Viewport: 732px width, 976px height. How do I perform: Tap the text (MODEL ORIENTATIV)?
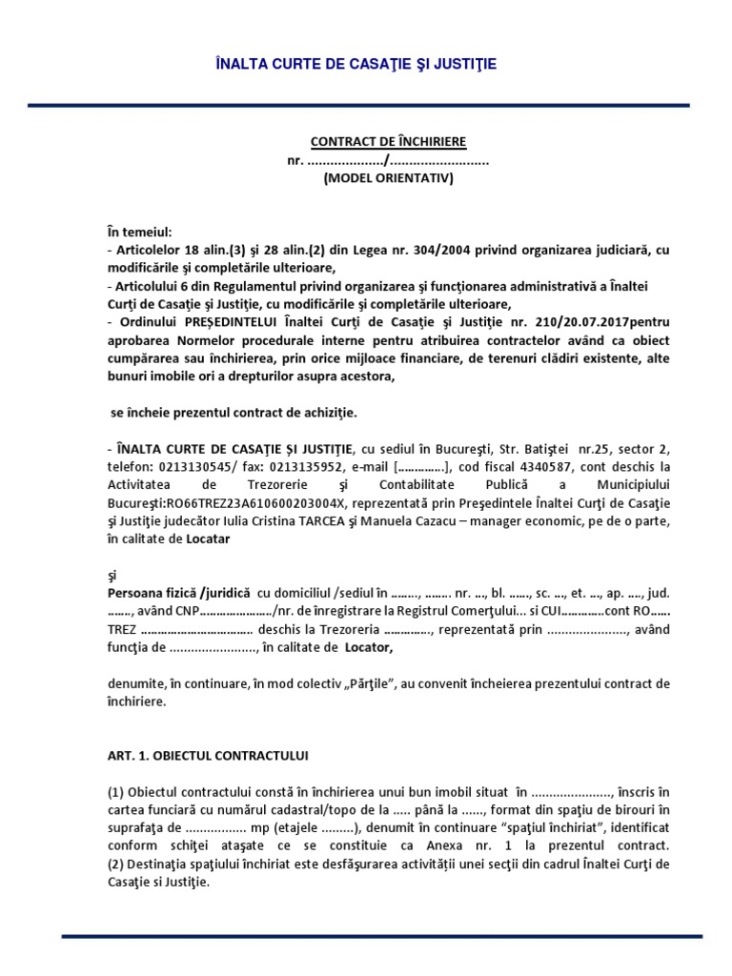pos(388,177)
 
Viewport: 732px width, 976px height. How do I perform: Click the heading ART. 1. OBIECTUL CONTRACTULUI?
pos(207,756)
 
